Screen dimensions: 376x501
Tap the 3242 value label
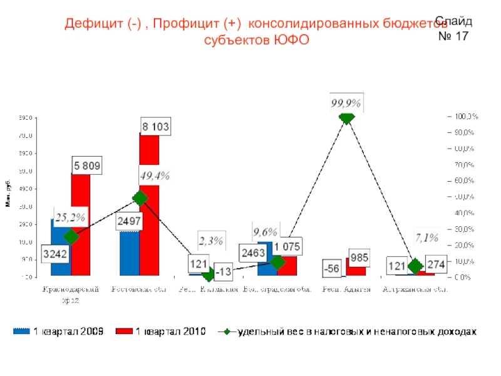(x=56, y=254)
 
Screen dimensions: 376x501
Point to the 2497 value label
(x=129, y=221)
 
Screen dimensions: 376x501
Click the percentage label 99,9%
(x=346, y=102)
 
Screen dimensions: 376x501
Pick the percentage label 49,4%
(x=155, y=175)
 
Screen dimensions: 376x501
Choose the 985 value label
(x=359, y=258)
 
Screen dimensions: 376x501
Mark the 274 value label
(x=436, y=265)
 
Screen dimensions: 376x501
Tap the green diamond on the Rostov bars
(x=140, y=198)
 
